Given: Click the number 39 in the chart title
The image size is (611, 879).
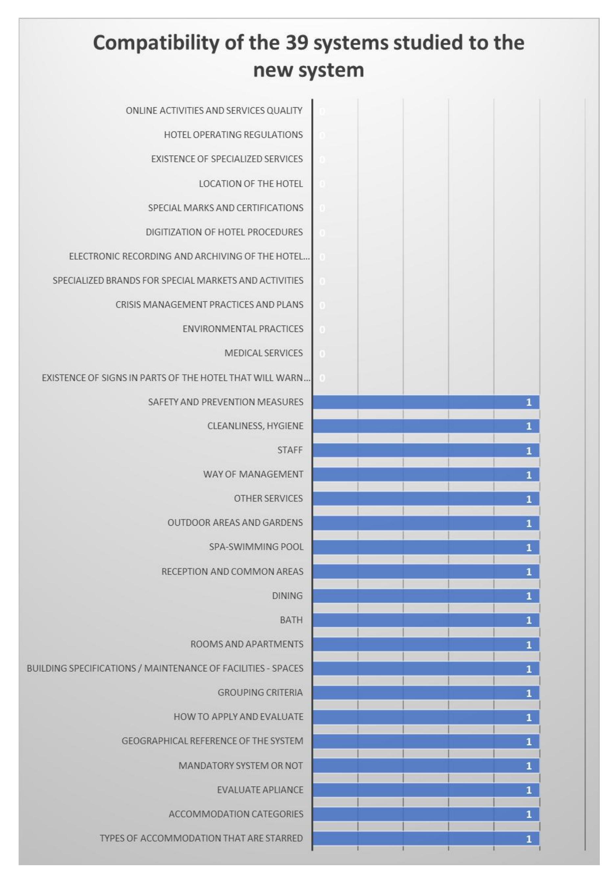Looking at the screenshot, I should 296,42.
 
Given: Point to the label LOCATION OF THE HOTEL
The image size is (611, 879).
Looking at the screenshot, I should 250,184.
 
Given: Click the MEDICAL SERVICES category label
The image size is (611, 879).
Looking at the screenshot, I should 263,353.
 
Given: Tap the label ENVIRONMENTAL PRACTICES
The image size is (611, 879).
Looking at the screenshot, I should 243,329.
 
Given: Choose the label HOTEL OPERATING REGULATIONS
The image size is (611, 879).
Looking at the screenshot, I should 233,135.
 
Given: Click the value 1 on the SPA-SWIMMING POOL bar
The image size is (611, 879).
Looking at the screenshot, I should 529,547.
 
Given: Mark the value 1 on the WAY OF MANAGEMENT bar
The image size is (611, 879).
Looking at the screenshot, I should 529,475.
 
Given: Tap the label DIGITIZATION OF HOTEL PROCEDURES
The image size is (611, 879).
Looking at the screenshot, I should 224,232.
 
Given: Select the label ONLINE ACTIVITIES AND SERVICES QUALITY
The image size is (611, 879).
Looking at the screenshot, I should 214,111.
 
